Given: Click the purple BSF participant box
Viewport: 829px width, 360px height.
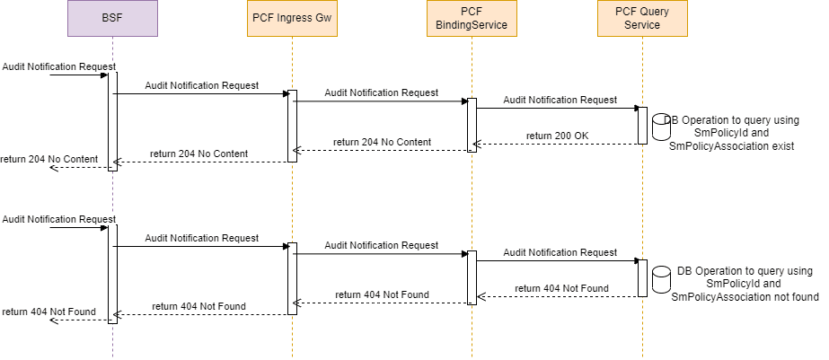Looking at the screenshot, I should (x=112, y=18).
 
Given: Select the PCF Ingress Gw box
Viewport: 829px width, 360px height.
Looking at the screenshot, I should (x=292, y=18).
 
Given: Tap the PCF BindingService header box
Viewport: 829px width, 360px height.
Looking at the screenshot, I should (x=472, y=18).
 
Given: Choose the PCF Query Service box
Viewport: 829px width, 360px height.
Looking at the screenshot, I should (x=642, y=18).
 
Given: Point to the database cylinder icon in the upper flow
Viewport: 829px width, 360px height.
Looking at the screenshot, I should (x=661, y=127).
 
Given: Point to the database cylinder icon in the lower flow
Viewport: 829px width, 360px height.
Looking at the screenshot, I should (x=661, y=279).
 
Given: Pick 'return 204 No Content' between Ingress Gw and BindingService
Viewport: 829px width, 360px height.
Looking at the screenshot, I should (x=382, y=142).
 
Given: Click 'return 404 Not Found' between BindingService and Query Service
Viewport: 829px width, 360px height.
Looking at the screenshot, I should (x=561, y=288).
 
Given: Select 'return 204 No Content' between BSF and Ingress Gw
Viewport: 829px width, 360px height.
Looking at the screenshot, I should (x=198, y=154).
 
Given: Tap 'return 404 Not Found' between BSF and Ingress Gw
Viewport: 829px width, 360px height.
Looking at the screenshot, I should (x=198, y=306).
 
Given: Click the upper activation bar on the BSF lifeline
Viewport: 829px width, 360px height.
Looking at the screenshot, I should (x=112, y=120).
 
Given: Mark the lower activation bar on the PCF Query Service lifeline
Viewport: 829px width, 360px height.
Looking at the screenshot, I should (x=642, y=278).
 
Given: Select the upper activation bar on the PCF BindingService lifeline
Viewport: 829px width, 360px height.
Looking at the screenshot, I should (x=472, y=124).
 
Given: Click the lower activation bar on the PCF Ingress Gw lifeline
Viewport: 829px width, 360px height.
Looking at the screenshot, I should (x=292, y=278).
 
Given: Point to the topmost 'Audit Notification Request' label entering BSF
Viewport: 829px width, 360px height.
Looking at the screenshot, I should (x=58, y=66).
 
